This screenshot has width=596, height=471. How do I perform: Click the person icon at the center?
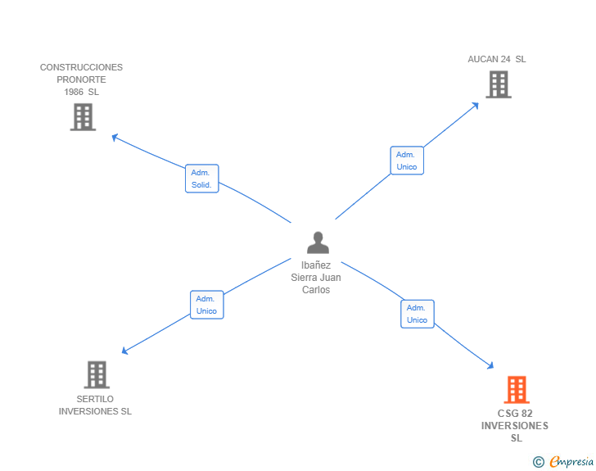click(x=318, y=242)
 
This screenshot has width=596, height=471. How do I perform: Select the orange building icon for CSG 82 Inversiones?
click(x=516, y=390)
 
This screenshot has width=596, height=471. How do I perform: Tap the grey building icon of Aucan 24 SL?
click(x=498, y=84)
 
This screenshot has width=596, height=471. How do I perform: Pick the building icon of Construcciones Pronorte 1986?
click(x=83, y=116)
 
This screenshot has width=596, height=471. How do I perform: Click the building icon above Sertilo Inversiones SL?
click(x=97, y=374)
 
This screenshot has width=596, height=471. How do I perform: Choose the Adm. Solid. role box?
click(x=201, y=179)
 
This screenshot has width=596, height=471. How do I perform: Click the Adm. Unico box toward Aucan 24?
click(x=407, y=161)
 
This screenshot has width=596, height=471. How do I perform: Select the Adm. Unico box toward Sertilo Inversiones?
click(x=206, y=305)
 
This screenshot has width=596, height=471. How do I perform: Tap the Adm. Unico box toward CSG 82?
click(x=417, y=314)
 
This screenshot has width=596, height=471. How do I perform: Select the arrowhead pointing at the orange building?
click(x=490, y=365)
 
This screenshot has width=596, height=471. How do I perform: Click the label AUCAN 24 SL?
click(x=497, y=59)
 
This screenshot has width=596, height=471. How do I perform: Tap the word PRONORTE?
click(x=81, y=79)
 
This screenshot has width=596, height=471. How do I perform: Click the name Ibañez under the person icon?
click(x=316, y=265)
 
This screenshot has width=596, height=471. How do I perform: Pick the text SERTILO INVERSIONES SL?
click(x=95, y=405)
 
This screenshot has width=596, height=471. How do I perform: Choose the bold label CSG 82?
click(x=515, y=413)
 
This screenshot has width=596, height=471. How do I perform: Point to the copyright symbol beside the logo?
click(x=539, y=462)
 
